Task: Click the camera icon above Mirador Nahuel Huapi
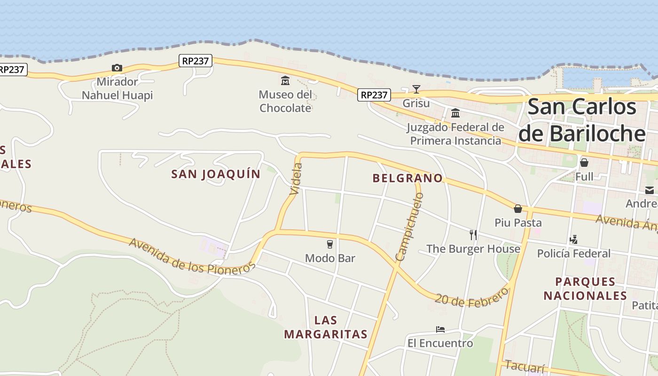(x=117, y=68)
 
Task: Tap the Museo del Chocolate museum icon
(x=285, y=81)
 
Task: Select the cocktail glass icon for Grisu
(x=416, y=89)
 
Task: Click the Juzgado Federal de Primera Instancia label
(x=455, y=134)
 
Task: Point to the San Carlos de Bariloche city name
(x=582, y=120)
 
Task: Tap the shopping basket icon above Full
(x=584, y=163)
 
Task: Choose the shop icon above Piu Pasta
(x=518, y=208)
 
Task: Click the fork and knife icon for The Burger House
(x=473, y=235)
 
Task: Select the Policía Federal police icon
(x=573, y=240)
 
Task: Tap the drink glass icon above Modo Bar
(x=330, y=244)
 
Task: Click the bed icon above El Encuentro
(x=440, y=329)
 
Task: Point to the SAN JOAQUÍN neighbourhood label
(x=216, y=174)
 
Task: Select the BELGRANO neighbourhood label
(x=407, y=178)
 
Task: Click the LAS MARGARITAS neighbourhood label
(x=326, y=327)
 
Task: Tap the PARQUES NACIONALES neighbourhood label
(x=585, y=289)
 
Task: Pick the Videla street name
(x=296, y=179)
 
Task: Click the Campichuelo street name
(x=409, y=227)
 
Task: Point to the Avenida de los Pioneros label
(x=192, y=256)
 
